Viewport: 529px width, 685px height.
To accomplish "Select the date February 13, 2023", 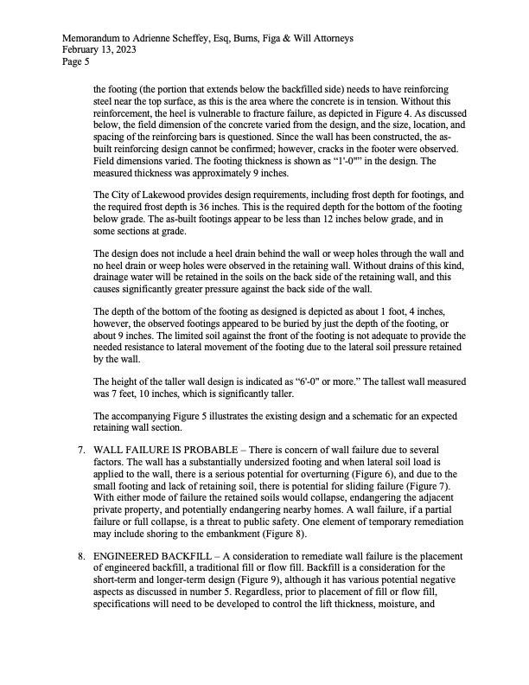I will click(x=99, y=50).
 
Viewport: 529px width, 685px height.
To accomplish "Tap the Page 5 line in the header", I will click(x=75, y=61).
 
